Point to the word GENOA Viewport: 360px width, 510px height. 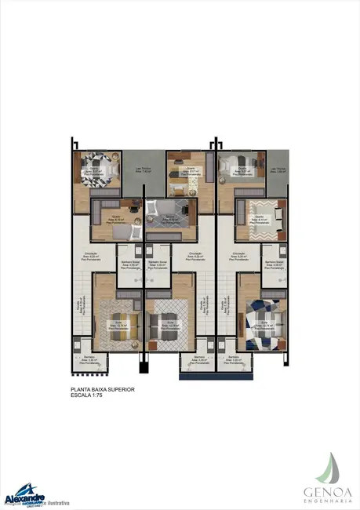[328, 492]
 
